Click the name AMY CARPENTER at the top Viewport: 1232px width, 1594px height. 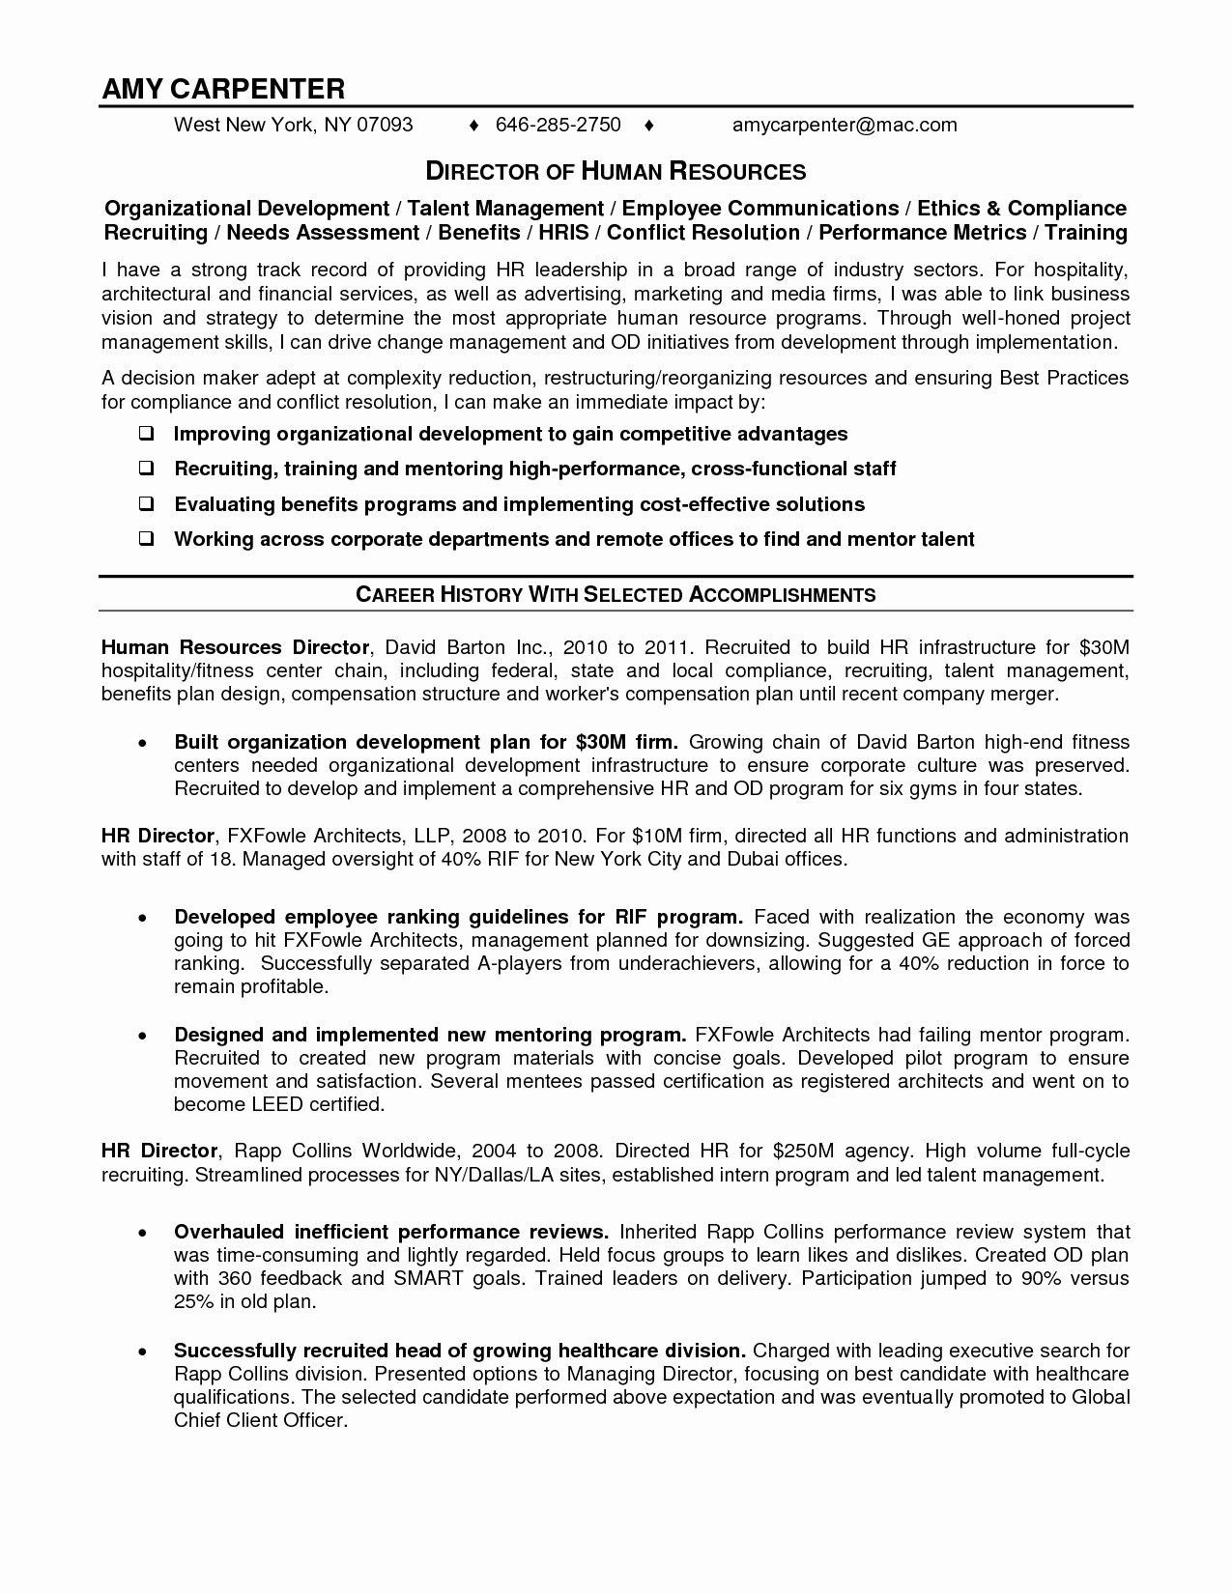pyautogui.click(x=223, y=89)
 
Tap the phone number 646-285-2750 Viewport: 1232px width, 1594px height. pyautogui.click(x=558, y=125)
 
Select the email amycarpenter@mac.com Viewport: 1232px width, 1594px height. pyautogui.click(x=845, y=125)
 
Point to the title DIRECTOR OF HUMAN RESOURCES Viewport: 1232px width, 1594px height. pyautogui.click(x=616, y=172)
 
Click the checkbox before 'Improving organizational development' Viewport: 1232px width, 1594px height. pyautogui.click(x=146, y=435)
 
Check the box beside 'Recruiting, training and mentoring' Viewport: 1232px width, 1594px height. pyautogui.click(x=146, y=470)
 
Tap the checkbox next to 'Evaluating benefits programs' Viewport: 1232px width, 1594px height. pyautogui.click(x=146, y=504)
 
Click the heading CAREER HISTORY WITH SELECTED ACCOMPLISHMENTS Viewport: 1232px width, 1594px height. pyautogui.click(x=616, y=595)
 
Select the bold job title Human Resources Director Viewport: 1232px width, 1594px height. pyautogui.click(x=236, y=647)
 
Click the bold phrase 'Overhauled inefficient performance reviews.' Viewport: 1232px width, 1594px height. pyautogui.click(x=390, y=1232)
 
